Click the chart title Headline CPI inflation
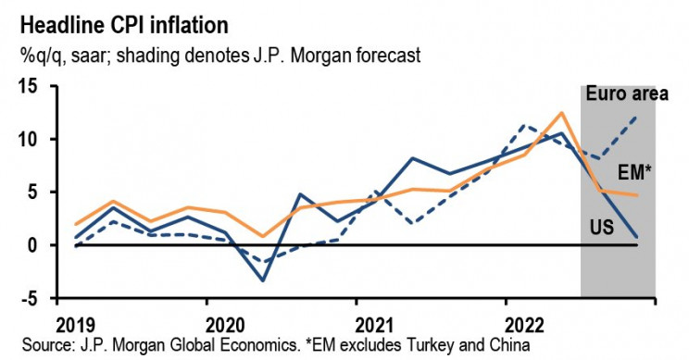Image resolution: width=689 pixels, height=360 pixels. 116,21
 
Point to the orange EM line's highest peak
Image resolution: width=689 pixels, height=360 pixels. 561,113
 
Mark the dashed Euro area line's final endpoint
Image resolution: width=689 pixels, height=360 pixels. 637,117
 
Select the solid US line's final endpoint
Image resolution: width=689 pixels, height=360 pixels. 637,237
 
